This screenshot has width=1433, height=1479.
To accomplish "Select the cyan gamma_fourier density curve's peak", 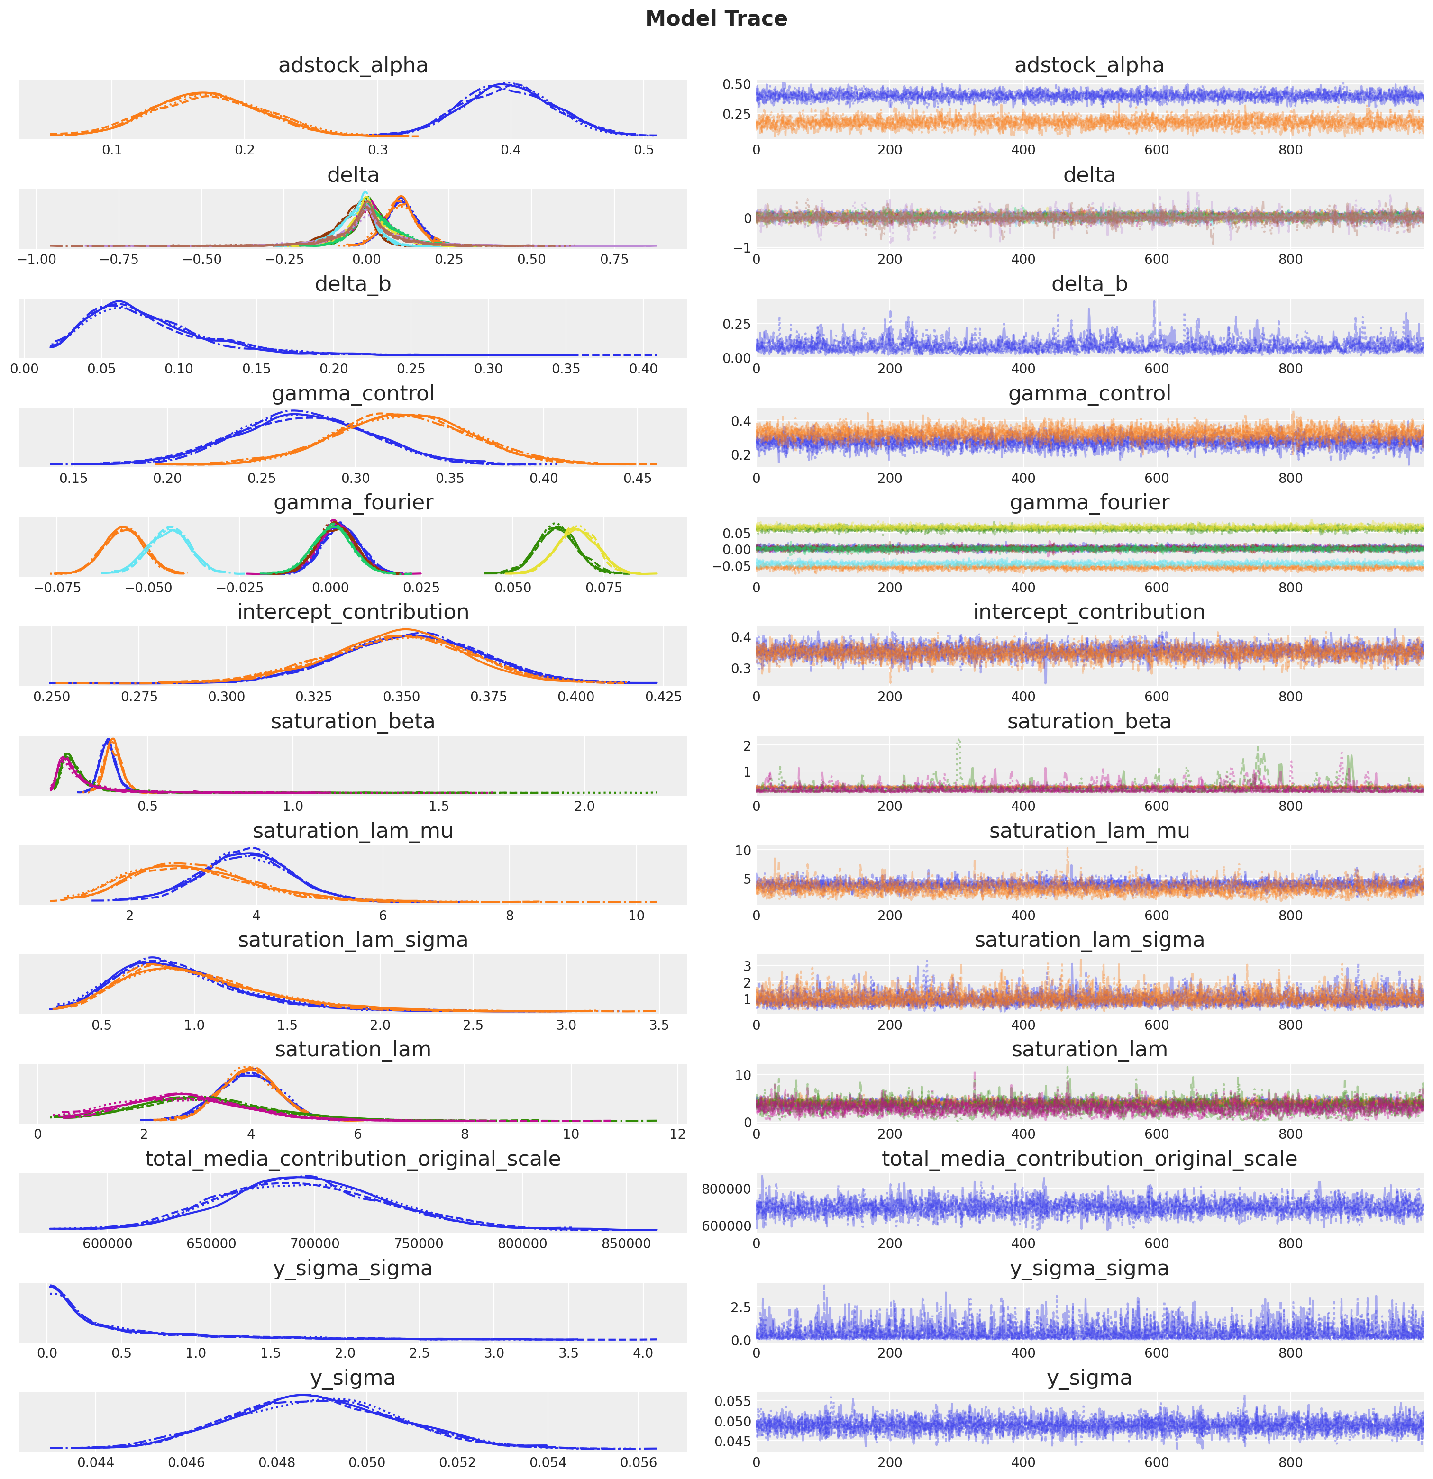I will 173,529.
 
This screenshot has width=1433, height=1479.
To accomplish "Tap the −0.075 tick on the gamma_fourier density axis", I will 57,587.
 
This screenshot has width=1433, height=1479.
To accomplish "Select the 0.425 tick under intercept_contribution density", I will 663,697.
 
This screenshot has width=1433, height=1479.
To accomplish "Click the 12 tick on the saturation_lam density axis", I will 677,1134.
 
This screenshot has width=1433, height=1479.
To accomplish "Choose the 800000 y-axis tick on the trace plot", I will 726,1189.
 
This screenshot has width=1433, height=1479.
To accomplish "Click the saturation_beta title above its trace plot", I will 1089,721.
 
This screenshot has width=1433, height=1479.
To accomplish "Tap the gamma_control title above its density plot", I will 353,393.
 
